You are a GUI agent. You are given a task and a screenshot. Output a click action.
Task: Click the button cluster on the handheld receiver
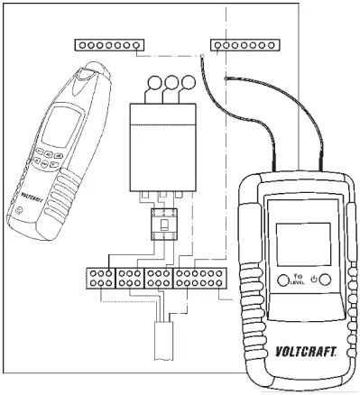coord(47,161)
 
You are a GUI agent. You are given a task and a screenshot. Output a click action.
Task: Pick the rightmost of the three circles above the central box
coord(188,84)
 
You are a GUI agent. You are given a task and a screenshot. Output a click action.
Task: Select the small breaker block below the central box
coord(163,222)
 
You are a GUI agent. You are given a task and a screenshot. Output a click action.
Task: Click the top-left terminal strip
coord(109,44)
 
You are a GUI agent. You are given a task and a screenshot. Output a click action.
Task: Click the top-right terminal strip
coord(244,44)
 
